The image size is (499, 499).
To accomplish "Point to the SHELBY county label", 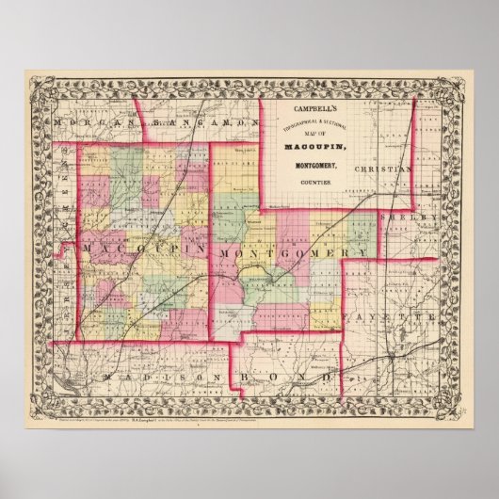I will [406, 217].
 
